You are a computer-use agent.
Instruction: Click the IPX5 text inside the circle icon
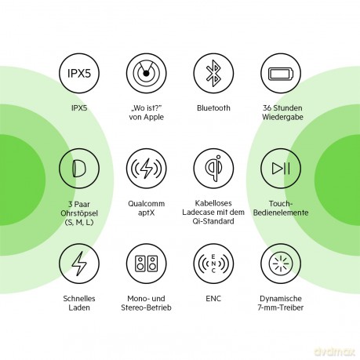click(x=79, y=73)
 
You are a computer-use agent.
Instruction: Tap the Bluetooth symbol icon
click(x=213, y=73)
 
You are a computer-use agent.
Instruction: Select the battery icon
click(x=281, y=74)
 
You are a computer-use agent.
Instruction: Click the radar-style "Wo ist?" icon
click(x=146, y=74)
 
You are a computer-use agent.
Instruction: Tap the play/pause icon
click(x=281, y=169)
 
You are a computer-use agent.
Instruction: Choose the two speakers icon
click(x=146, y=264)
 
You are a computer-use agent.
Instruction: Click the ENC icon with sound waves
click(x=213, y=264)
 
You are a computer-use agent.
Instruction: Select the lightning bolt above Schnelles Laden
click(x=79, y=264)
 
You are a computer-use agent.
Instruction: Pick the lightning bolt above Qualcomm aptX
click(x=146, y=169)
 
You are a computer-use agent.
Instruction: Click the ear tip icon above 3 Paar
click(x=78, y=169)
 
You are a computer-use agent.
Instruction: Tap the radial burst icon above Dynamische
click(x=281, y=264)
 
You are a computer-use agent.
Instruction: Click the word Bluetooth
click(x=213, y=108)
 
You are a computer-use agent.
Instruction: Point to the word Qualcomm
click(x=147, y=204)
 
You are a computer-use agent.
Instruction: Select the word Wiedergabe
click(x=282, y=117)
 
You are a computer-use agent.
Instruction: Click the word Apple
click(x=154, y=117)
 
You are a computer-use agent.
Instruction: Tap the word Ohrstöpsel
click(x=79, y=213)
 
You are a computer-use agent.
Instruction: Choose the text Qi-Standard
click(x=213, y=221)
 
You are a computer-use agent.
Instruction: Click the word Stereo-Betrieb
click(x=146, y=307)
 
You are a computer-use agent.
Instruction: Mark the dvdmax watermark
click(x=334, y=351)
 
